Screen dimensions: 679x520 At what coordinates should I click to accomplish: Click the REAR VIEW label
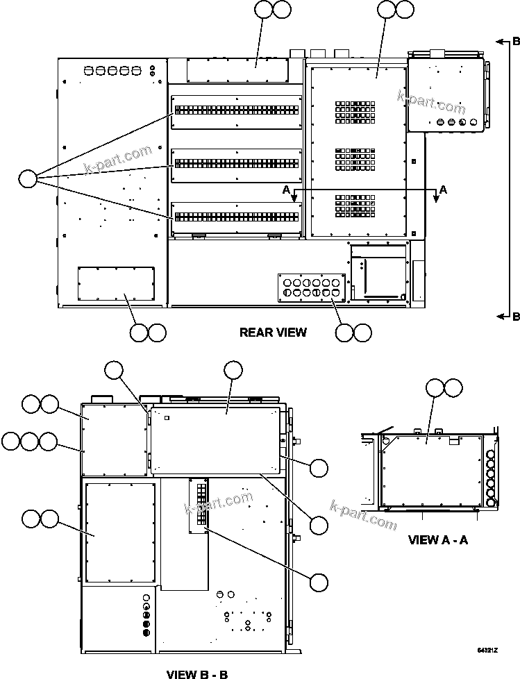[273, 333]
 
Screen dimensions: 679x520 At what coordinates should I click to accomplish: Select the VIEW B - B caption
[197, 673]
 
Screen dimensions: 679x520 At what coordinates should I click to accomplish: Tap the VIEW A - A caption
[437, 539]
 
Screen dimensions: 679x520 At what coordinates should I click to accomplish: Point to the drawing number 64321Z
[487, 651]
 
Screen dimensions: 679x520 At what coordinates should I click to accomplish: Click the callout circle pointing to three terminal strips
[27, 178]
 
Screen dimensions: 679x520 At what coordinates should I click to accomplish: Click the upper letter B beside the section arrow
[515, 41]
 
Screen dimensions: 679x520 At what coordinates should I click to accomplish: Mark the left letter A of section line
[285, 189]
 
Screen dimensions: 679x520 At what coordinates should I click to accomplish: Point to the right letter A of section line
[444, 189]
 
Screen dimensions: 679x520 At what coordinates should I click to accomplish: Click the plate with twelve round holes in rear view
[310, 288]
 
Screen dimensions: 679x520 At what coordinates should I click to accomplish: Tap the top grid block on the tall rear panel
[355, 110]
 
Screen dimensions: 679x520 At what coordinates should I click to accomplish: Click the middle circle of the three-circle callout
[29, 441]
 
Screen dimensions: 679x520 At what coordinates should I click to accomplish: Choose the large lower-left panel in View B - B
[120, 533]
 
